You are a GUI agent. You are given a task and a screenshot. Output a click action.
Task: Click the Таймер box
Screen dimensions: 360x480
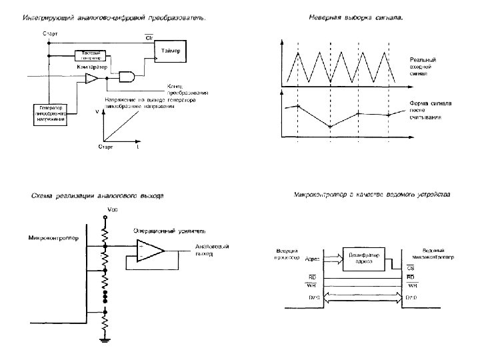pos(171,51)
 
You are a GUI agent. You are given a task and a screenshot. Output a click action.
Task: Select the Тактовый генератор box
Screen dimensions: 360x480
pos(91,55)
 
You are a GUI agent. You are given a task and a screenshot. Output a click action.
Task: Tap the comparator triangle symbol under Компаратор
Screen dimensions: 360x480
pos(91,79)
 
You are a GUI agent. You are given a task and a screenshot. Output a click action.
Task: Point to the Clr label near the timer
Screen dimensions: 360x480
pos(149,37)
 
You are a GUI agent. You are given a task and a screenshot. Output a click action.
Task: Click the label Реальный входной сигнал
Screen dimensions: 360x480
pos(423,67)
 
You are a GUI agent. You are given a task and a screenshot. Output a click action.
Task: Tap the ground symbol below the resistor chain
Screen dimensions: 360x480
pos(105,342)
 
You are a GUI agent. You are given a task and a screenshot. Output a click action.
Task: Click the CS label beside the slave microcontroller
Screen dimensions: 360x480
pos(411,267)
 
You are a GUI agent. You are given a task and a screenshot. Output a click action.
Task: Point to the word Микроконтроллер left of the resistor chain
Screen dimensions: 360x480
pos(53,237)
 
